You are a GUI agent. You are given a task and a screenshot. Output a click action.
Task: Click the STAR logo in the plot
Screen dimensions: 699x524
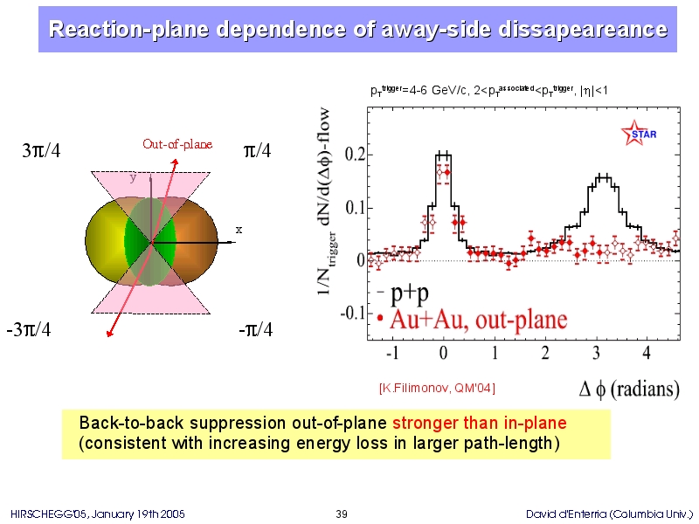[639, 134]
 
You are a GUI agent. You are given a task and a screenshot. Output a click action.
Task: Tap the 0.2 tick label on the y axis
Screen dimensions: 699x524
[355, 155]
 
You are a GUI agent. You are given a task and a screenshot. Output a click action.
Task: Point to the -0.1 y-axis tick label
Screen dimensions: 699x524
[352, 313]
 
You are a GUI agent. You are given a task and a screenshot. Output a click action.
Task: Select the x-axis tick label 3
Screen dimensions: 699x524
[596, 353]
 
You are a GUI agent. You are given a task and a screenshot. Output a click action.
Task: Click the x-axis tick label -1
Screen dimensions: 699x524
[392, 353]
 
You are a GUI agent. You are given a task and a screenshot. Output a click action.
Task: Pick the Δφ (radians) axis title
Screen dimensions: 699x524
[629, 390]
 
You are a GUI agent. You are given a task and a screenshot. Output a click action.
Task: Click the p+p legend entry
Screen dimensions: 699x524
[404, 293]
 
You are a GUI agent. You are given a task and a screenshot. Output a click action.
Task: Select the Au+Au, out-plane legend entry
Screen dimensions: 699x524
[473, 320]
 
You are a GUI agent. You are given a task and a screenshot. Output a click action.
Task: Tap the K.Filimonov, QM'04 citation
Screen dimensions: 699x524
[437, 388]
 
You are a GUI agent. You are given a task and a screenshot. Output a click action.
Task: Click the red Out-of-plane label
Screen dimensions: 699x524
[177, 144]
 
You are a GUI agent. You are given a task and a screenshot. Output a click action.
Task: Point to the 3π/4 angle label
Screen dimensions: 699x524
[41, 150]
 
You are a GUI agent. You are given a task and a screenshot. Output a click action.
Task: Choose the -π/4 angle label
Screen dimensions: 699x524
[255, 330]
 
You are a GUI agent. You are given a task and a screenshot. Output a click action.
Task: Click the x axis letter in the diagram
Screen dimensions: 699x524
[239, 230]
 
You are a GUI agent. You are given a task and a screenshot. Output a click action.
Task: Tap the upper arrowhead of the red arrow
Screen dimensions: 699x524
[176, 162]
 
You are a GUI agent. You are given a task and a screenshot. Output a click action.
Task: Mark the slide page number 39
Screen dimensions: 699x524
[342, 514]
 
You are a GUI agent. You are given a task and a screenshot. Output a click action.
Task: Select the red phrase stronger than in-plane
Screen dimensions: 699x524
[479, 423]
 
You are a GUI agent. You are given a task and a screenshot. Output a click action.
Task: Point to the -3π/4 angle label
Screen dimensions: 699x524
[29, 330]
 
